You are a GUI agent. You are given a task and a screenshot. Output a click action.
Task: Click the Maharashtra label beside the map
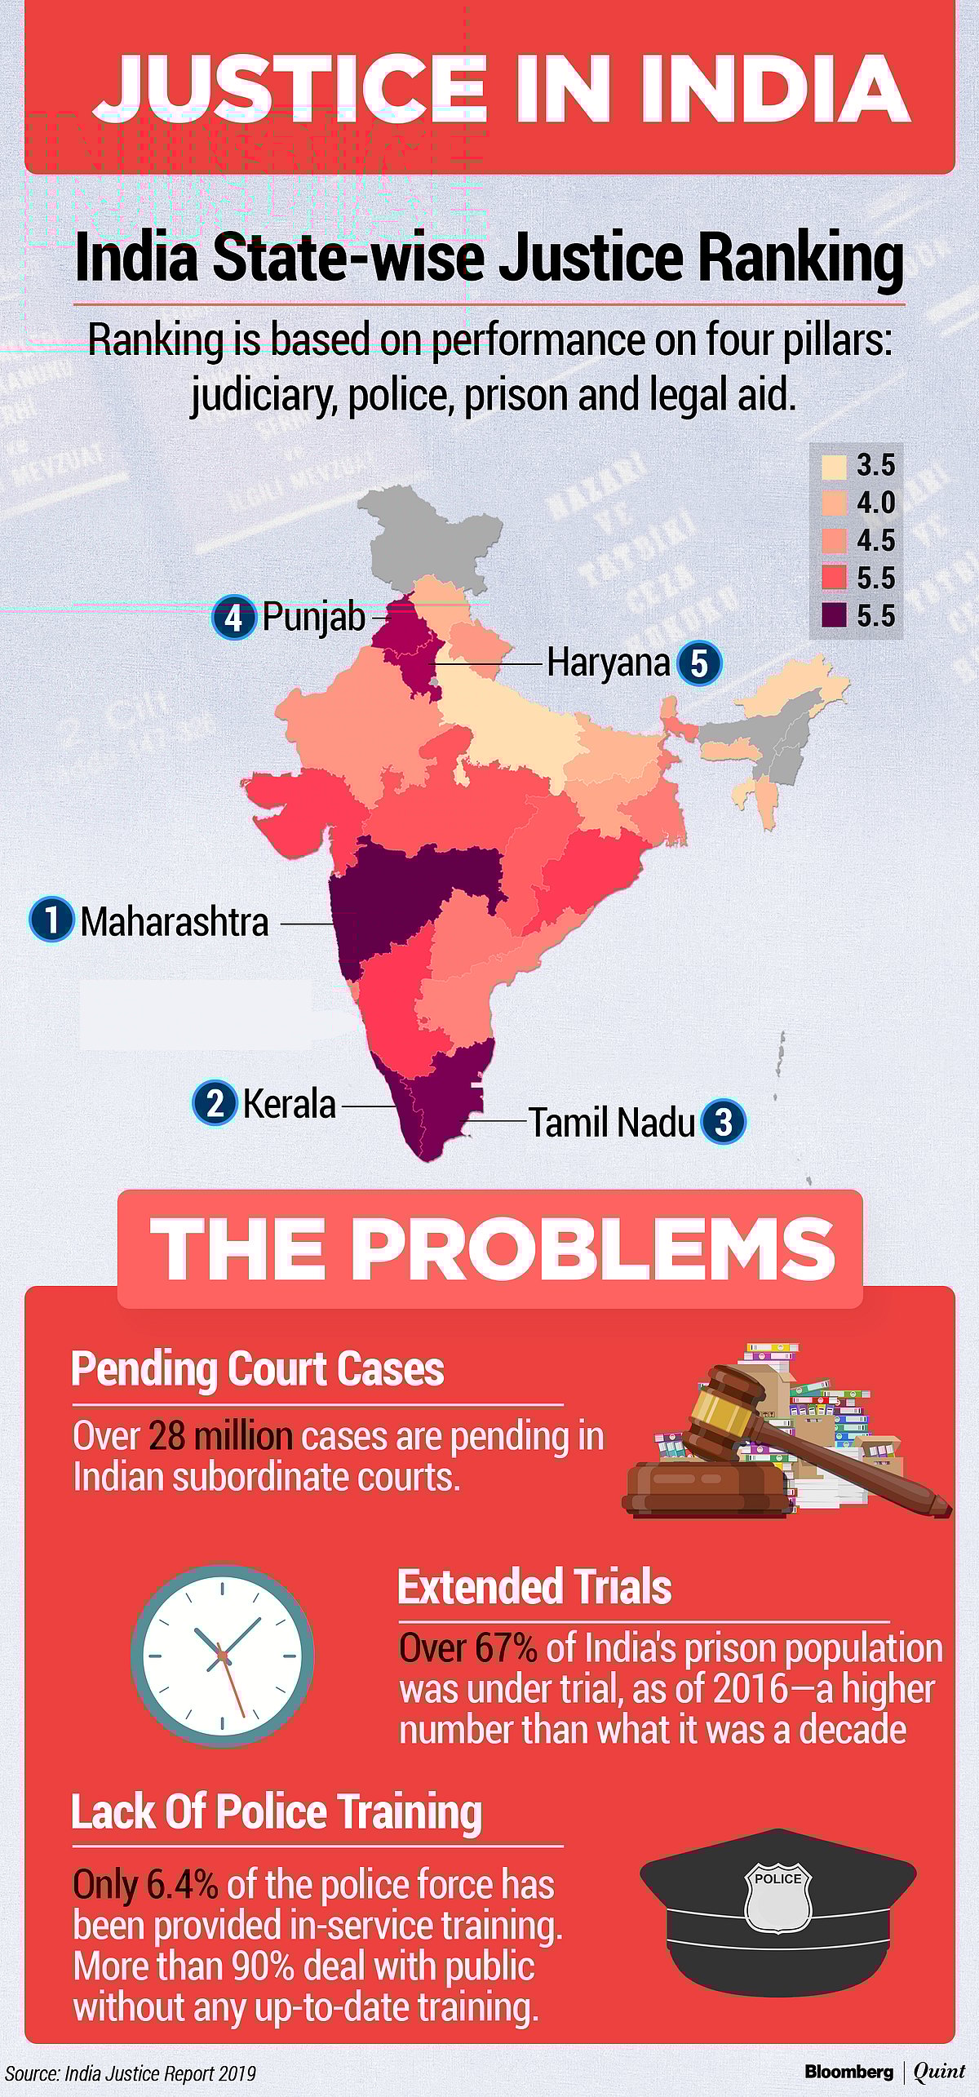click(x=174, y=922)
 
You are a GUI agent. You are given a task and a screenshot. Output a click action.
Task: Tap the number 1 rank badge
click(x=51, y=920)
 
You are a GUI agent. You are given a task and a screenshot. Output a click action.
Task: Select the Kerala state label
click(x=289, y=1105)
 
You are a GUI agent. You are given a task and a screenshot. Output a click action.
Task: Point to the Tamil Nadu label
click(x=612, y=1123)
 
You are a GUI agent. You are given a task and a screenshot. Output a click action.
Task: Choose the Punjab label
click(x=313, y=617)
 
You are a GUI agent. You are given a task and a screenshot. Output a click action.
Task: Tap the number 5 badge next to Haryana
click(x=699, y=663)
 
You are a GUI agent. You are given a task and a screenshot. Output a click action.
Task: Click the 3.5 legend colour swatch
click(x=834, y=466)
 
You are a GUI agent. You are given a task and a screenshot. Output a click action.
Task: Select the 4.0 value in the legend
click(x=875, y=503)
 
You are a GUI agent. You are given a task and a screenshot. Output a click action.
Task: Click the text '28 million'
click(x=220, y=1437)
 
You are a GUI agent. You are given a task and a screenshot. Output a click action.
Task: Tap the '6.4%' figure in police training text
click(x=182, y=1885)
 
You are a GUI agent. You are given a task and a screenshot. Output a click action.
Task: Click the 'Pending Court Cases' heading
click(x=258, y=1369)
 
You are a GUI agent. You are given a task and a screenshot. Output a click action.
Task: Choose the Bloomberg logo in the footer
click(x=848, y=2072)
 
